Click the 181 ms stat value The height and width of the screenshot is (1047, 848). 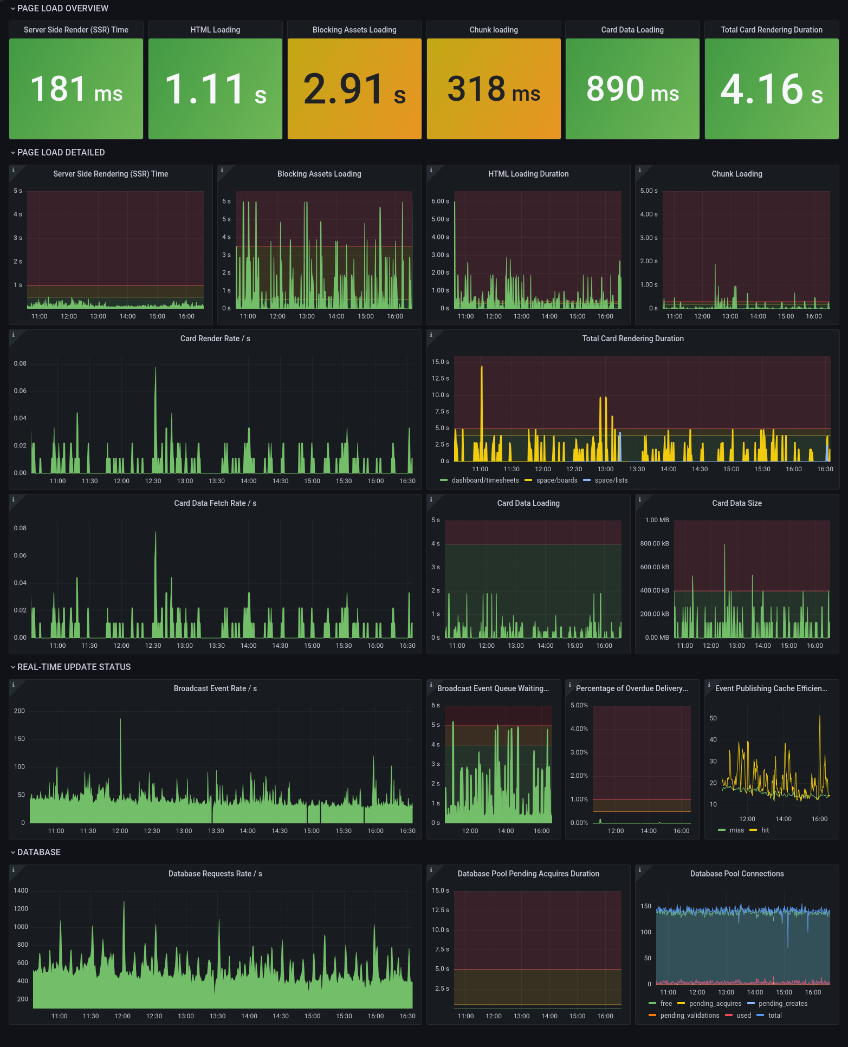[x=76, y=89]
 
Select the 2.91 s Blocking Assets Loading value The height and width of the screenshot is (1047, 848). [x=354, y=89]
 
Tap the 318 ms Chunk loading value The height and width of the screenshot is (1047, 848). [x=494, y=89]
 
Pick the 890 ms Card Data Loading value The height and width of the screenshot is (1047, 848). [x=632, y=89]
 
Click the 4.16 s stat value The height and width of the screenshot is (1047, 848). [x=772, y=89]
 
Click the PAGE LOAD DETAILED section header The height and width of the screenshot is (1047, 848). [x=61, y=153]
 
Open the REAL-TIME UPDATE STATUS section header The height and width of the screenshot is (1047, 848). [x=74, y=667]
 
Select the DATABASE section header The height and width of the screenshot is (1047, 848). [x=38, y=853]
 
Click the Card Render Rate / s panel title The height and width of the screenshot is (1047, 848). [x=215, y=339]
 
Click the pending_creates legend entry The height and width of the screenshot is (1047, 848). [x=782, y=1004]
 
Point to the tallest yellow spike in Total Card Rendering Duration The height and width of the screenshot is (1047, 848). [x=482, y=367]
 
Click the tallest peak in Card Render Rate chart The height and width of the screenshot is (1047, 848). [x=156, y=368]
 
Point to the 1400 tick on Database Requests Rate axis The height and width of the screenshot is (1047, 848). [x=21, y=890]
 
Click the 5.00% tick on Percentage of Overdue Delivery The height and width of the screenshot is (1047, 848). [x=579, y=705]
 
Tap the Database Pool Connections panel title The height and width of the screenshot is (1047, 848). [x=737, y=874]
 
